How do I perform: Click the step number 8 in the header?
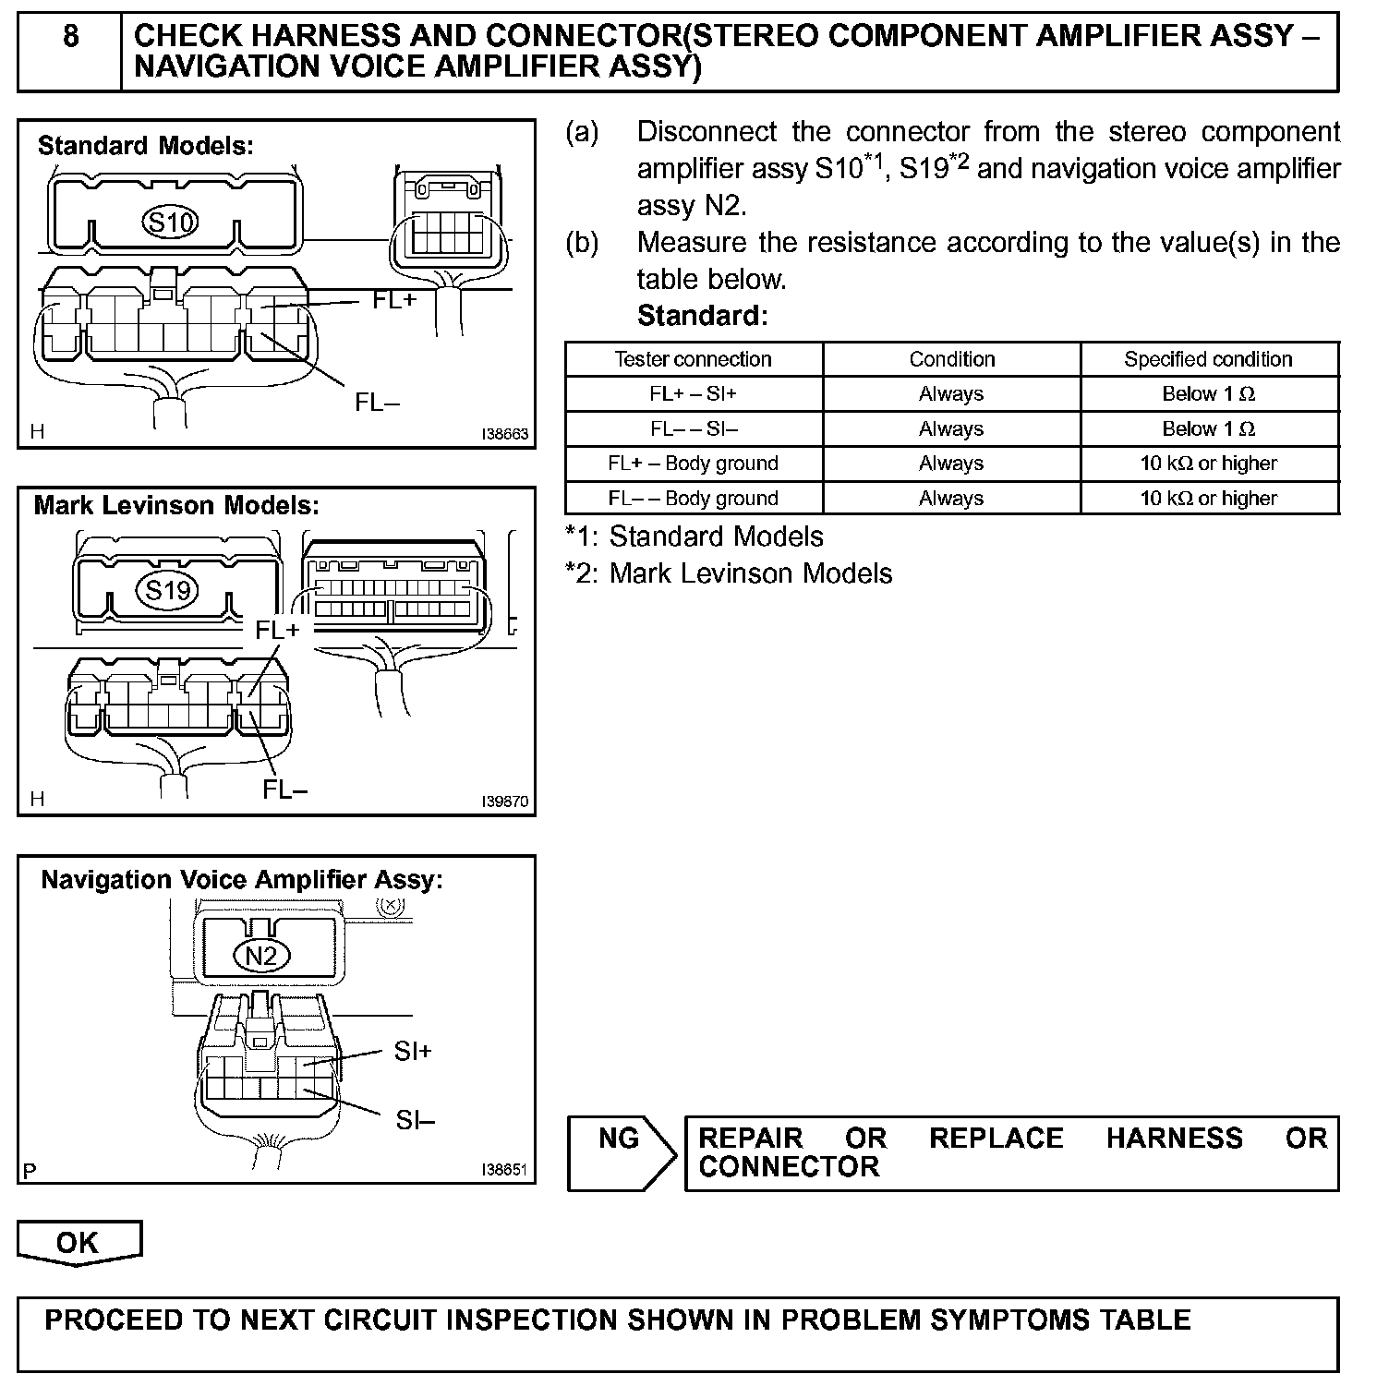pos(70,37)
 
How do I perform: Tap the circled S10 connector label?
pos(171,222)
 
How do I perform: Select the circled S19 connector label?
pos(167,589)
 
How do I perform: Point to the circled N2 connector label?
pos(262,955)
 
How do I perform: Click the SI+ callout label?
pos(412,1051)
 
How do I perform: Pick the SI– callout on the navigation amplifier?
pos(415,1120)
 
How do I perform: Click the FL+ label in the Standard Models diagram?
pos(394,299)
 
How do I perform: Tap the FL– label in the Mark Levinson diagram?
pos(284,789)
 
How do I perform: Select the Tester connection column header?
pos(693,359)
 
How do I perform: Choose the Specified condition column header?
pos(1208,359)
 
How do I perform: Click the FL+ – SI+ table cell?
pos(693,394)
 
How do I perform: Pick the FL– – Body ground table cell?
pos(693,499)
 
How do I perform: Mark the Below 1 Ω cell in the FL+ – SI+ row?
pos(1208,394)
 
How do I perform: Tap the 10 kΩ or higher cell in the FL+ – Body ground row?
pos(1208,464)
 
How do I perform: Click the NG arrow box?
pos(621,1152)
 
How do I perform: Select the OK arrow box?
pos(79,1243)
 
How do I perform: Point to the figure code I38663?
pos(504,434)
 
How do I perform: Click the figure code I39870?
pos(504,801)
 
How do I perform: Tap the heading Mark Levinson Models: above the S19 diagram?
pos(176,506)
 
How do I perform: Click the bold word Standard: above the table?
pos(702,316)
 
